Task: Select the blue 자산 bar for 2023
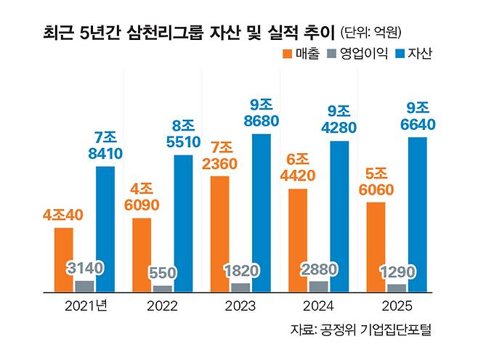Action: pyautogui.click(x=261, y=213)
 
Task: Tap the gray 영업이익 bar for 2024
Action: pyautogui.click(x=318, y=286)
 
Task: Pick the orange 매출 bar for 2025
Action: pyautogui.click(x=376, y=247)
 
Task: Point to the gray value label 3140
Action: pyautogui.click(x=84, y=268)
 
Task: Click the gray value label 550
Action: pyautogui.click(x=163, y=274)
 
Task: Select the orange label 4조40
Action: pyautogui.click(x=64, y=215)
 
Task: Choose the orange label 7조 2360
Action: pyautogui.click(x=220, y=155)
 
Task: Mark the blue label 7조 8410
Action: pyautogui.click(x=105, y=144)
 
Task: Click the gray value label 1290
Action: pyautogui.click(x=397, y=273)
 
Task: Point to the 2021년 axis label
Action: pyautogui.click(x=85, y=306)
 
